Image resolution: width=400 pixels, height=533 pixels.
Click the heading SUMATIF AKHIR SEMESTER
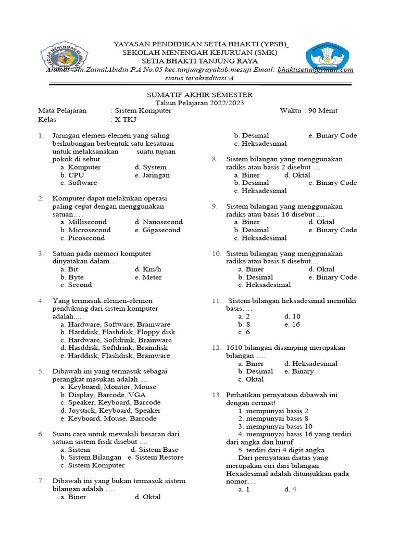[x=199, y=95]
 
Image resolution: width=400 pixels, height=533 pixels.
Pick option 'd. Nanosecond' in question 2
[x=158, y=222]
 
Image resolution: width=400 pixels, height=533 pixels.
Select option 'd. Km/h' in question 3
[x=148, y=269]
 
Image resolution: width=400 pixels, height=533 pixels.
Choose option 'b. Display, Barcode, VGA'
[x=103, y=395]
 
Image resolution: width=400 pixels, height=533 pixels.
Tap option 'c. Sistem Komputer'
[x=93, y=465]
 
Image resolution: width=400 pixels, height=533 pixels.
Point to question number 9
[x=214, y=206]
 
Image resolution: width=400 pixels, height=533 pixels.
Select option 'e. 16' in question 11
[x=292, y=324]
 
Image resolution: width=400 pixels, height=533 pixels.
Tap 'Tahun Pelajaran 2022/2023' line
[x=199, y=103]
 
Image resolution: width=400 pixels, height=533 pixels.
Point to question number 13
[x=216, y=395]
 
